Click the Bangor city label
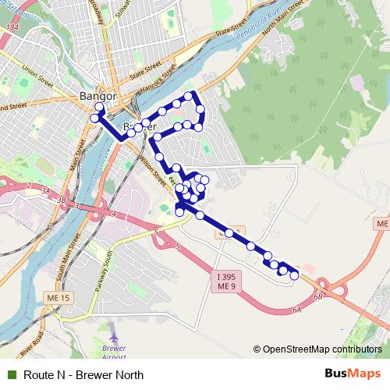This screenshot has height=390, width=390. coord(97,96)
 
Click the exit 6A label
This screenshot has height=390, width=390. coord(297,310)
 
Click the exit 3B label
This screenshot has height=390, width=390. coord(62,199)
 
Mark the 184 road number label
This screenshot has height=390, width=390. coord(12,29)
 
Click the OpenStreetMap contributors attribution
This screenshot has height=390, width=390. coord(317,349)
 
